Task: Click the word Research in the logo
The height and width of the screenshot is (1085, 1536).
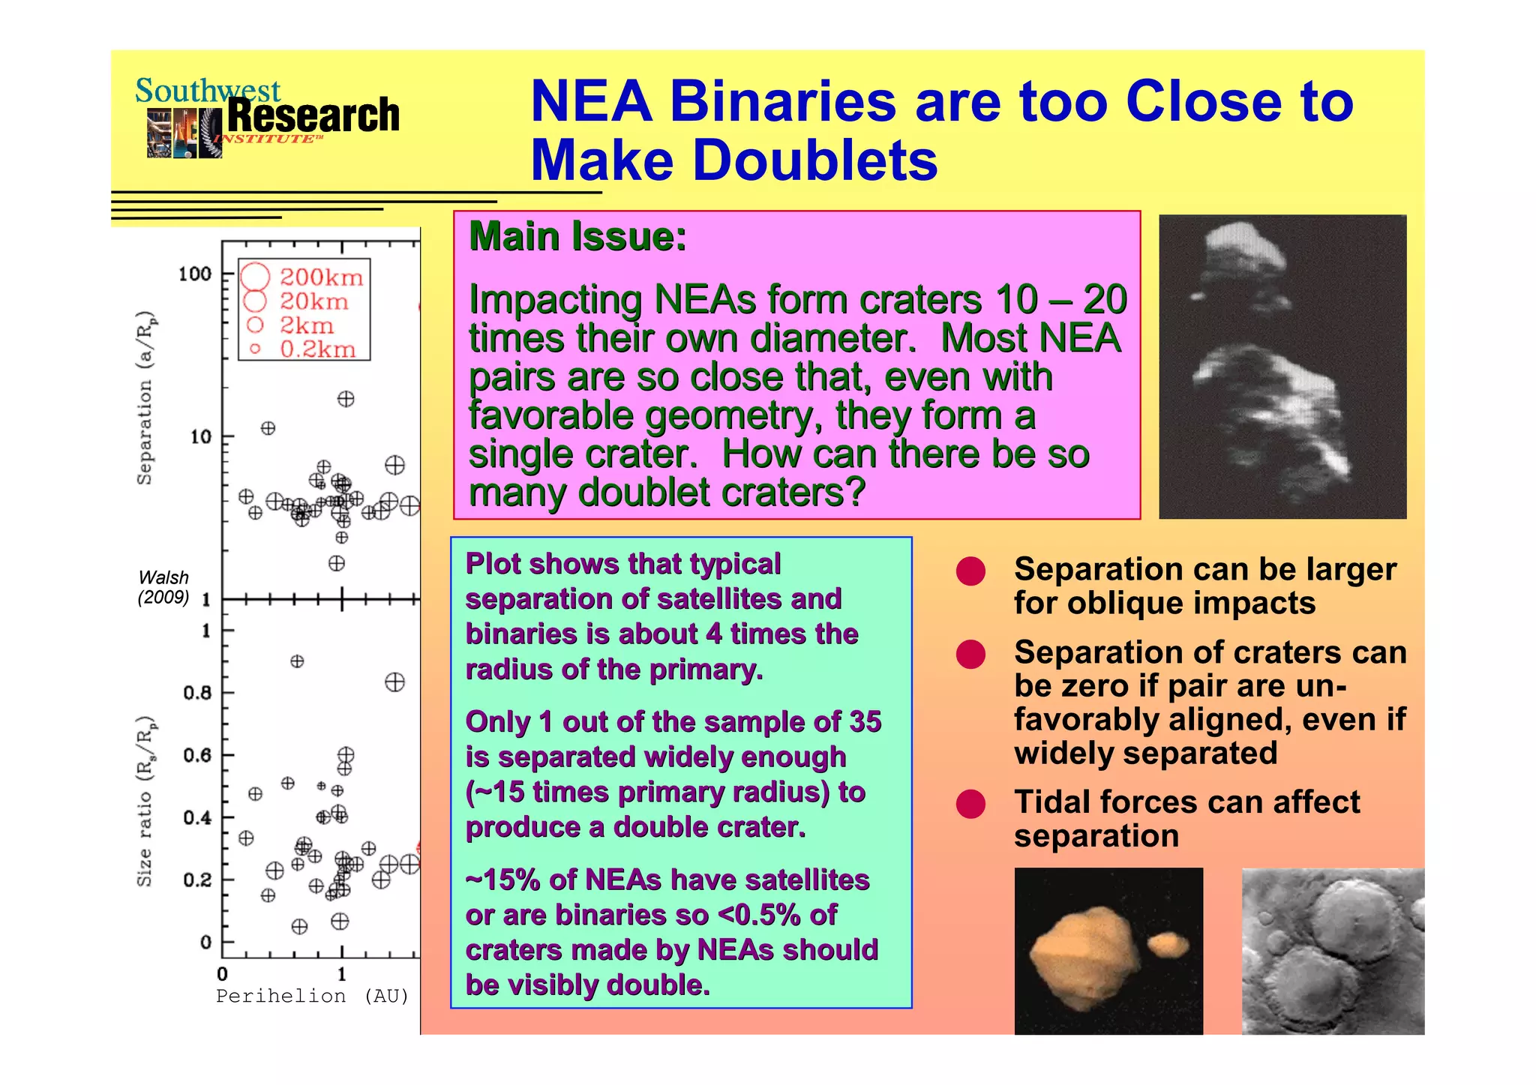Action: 313,115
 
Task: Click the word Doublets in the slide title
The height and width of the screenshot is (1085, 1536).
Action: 815,160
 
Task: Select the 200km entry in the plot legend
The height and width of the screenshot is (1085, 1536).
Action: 304,277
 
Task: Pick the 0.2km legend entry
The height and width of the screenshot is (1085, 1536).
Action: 304,349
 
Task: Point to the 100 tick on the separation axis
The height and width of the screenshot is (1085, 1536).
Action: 195,274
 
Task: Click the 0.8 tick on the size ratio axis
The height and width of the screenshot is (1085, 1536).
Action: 197,692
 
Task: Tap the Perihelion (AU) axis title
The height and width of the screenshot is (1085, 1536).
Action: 312,996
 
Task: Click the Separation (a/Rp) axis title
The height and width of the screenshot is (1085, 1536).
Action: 145,397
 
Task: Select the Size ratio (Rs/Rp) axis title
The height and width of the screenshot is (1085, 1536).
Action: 145,801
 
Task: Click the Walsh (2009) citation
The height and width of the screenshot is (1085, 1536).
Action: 163,587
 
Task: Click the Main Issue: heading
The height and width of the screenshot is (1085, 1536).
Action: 577,237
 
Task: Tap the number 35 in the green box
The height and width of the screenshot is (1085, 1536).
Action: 865,721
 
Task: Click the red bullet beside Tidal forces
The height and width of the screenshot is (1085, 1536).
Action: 970,804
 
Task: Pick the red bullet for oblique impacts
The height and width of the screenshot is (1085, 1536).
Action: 970,571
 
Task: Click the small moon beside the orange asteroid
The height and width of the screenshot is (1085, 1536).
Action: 1168,944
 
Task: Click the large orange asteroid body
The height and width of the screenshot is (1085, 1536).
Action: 1084,956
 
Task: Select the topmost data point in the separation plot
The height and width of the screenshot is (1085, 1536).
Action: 346,399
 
